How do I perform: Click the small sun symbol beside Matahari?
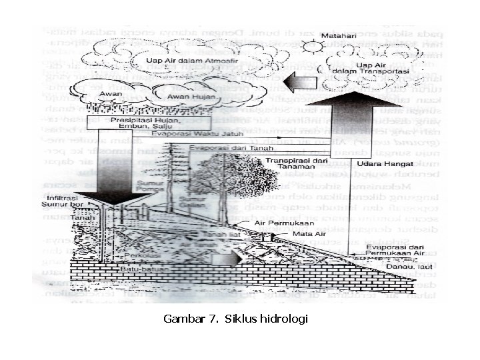[311, 47]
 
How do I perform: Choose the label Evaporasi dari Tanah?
[223, 147]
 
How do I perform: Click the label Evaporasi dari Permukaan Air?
[395, 250]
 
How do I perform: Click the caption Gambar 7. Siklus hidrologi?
[235, 319]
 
